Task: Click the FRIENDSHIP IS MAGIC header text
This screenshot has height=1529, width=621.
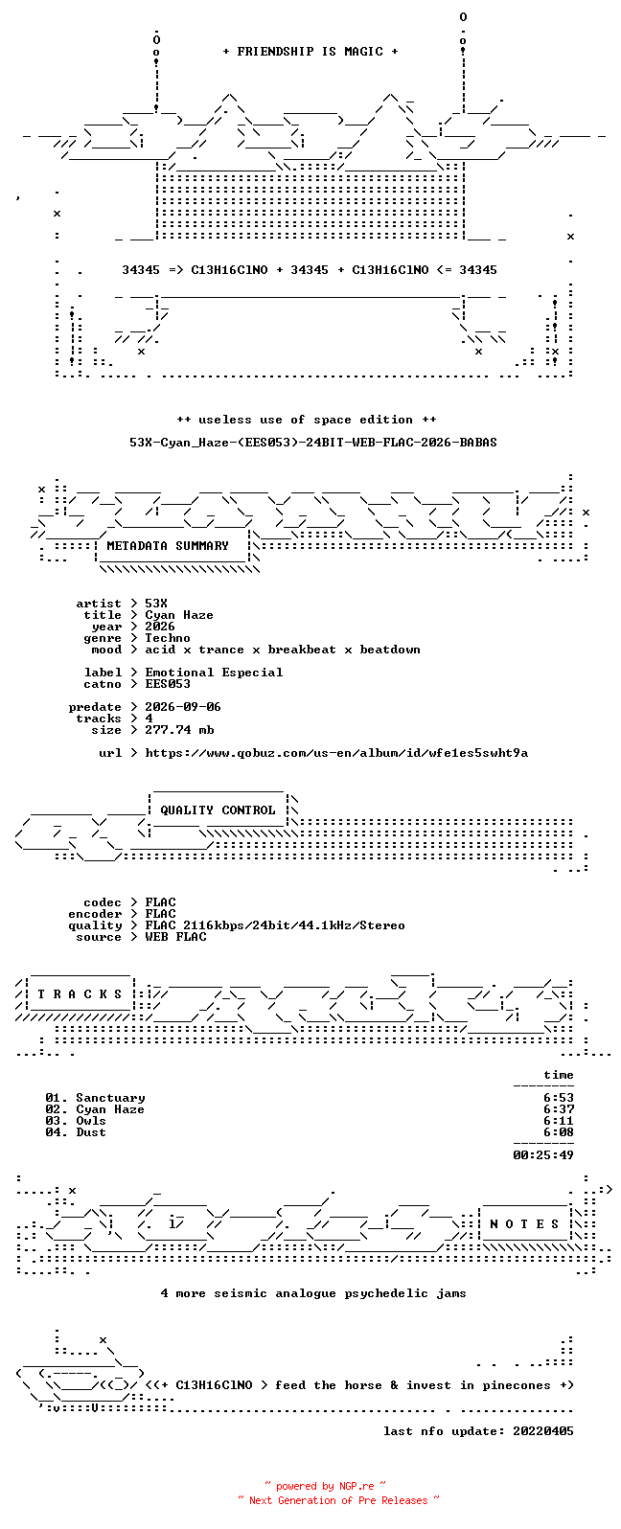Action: pos(310,51)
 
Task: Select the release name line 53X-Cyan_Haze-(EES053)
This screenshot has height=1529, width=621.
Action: pos(312,443)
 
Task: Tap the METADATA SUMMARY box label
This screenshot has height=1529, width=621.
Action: pos(168,545)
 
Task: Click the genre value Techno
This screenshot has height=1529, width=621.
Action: pos(168,638)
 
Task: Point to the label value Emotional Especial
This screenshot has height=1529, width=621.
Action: pos(214,673)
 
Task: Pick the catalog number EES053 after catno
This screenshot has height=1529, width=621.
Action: pos(168,684)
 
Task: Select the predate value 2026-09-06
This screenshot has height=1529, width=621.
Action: pos(182,707)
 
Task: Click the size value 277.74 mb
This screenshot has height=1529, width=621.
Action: pos(179,730)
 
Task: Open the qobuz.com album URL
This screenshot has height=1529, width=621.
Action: pos(336,753)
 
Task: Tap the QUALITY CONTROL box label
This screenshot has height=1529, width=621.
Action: pos(218,810)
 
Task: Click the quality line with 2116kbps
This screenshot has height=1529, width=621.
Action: pos(275,925)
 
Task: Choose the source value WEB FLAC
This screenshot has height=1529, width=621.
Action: pos(174,937)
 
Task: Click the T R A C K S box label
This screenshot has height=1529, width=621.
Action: pos(80,993)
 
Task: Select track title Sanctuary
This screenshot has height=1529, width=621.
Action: pos(110,1098)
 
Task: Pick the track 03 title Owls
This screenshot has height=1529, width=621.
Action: pos(91,1121)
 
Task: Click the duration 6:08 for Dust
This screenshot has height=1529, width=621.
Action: pos(558,1132)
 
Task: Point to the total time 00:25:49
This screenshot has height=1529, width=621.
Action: pos(543,1155)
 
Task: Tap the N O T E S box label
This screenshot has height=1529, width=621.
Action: pos(524,1224)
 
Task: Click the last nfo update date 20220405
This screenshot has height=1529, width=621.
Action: pos(543,1431)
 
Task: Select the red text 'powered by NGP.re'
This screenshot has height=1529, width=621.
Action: pos(325,1486)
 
